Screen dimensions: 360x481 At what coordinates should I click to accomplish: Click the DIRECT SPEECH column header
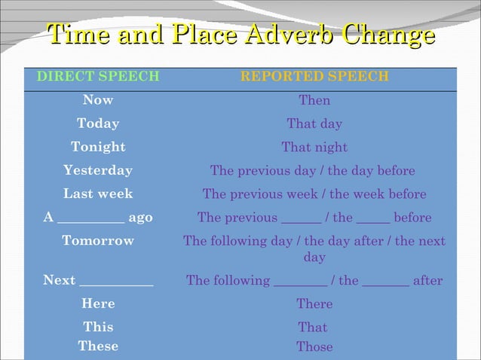click(x=98, y=77)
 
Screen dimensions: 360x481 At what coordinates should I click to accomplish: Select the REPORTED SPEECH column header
click(x=314, y=77)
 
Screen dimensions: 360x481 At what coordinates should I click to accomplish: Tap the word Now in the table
click(x=98, y=100)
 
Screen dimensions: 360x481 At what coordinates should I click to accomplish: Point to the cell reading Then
click(x=314, y=100)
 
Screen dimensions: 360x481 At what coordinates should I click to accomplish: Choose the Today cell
click(x=98, y=124)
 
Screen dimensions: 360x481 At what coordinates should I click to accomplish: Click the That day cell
click(x=314, y=124)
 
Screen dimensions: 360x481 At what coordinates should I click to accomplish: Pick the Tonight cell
click(x=98, y=147)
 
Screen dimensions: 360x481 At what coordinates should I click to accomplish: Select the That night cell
click(x=314, y=147)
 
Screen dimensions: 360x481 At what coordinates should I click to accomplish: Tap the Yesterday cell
click(x=98, y=170)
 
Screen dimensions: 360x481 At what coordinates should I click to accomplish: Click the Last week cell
click(x=98, y=194)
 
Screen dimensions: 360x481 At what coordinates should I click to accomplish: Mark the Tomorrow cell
click(x=98, y=241)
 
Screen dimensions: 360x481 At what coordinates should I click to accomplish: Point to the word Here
click(x=98, y=304)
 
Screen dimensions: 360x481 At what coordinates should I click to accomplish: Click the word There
click(x=314, y=304)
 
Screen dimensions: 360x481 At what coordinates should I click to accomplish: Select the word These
click(x=98, y=346)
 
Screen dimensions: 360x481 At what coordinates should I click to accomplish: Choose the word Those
click(x=314, y=346)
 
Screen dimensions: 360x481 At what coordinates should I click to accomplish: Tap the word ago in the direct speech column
click(x=140, y=218)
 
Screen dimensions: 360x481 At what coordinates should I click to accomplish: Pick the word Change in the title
click(x=389, y=35)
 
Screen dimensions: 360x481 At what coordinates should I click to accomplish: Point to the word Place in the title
click(x=202, y=35)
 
